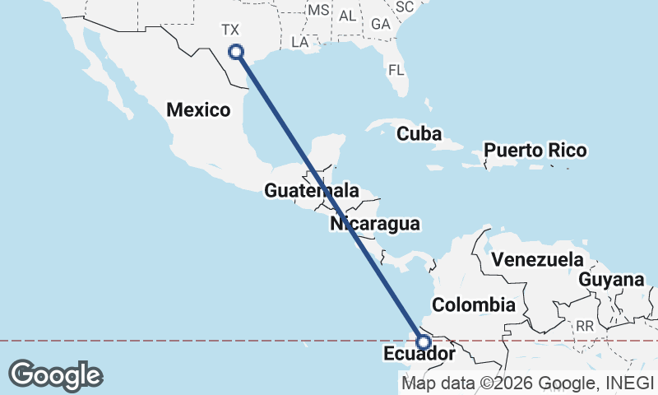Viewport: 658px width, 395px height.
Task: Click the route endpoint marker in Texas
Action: coord(236,52)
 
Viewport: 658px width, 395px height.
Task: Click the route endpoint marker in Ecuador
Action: coord(424,342)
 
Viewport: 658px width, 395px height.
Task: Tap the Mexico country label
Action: coord(197,109)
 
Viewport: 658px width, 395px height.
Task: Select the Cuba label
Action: coord(419,133)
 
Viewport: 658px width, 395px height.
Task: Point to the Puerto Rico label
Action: coord(535,151)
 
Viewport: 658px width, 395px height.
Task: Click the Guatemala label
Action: coord(312,191)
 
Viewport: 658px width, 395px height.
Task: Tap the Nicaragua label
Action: coord(375,223)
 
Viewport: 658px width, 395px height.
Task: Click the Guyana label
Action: coord(611,280)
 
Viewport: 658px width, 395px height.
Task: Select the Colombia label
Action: coord(474,305)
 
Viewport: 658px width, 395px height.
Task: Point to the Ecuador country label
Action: coord(419,355)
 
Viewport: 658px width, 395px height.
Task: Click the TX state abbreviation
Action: coord(230,30)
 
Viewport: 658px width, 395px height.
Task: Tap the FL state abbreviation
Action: coord(396,70)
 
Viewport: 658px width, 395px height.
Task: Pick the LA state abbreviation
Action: coord(300,41)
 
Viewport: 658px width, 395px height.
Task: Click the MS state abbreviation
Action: coord(317,10)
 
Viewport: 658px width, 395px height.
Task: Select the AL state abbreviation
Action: coord(348,16)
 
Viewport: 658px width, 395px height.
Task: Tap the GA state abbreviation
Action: coord(380,24)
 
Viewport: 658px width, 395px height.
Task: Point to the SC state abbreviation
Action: coord(404,7)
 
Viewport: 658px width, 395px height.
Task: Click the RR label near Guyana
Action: coord(585,327)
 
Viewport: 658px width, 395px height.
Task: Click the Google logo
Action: coord(55,375)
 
